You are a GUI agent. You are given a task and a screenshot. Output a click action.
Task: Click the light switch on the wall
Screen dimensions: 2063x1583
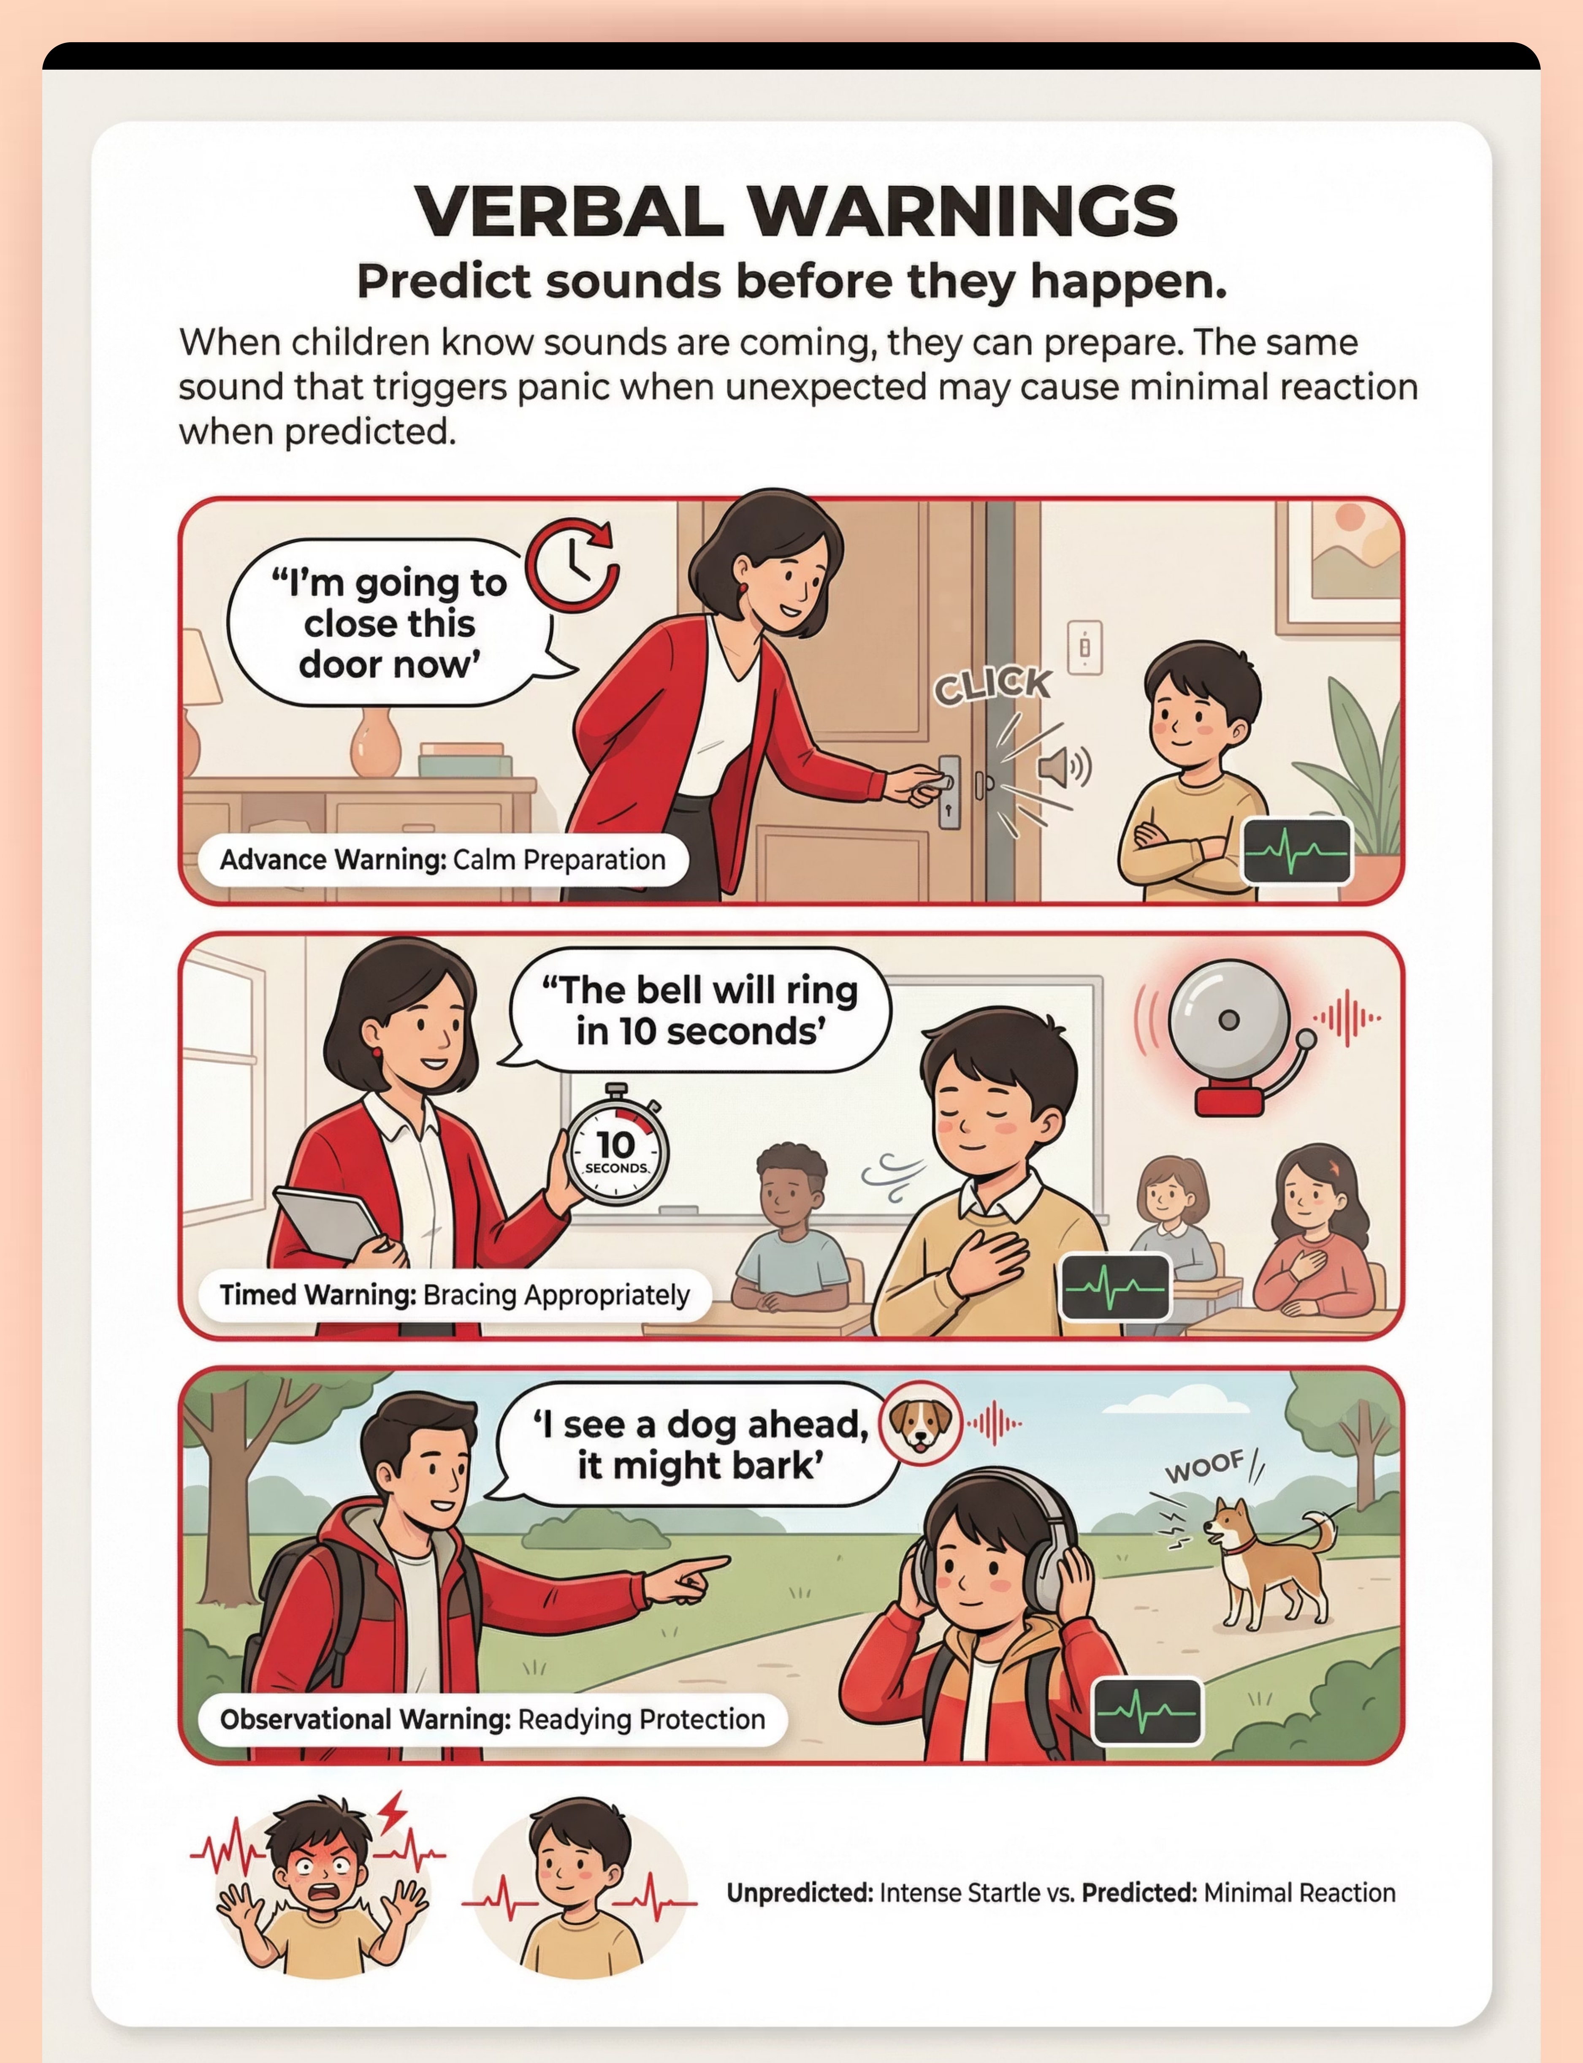[1084, 646]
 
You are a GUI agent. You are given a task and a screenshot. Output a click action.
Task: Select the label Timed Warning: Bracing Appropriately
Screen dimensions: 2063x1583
[454, 1294]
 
